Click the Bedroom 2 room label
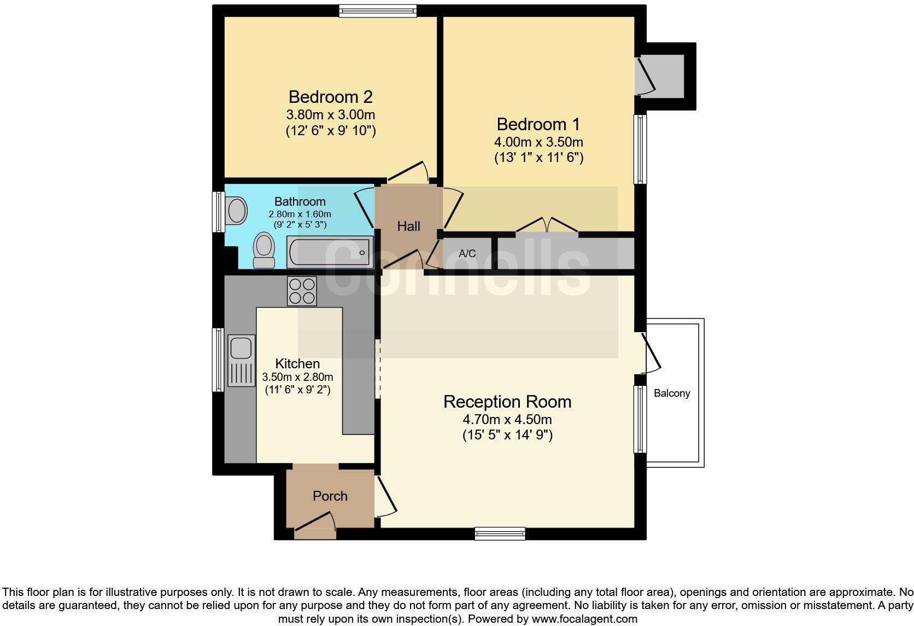[330, 97]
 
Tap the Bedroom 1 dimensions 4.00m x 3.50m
[538, 142]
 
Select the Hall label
[408, 226]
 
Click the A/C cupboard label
[467, 253]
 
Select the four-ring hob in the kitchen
[302, 291]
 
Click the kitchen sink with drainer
[241, 360]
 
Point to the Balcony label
[672, 393]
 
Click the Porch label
[330, 496]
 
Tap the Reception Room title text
[507, 402]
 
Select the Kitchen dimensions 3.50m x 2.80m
[297, 377]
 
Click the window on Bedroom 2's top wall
[377, 11]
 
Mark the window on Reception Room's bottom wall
[500, 534]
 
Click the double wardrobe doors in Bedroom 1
[547, 226]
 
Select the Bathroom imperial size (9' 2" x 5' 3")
[300, 224]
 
